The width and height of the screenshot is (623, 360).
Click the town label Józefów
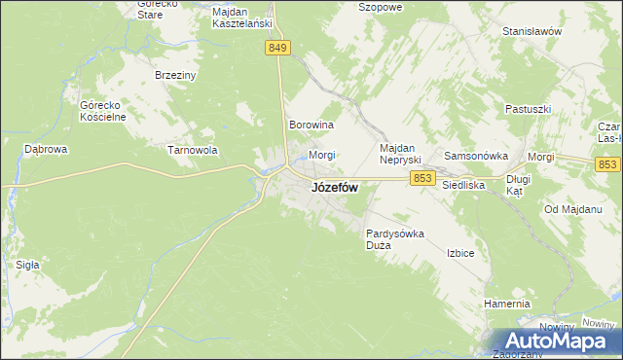(x=334, y=188)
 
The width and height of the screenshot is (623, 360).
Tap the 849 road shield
(x=277, y=47)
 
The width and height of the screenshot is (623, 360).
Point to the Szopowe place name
(x=381, y=6)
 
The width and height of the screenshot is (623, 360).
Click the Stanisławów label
(x=532, y=31)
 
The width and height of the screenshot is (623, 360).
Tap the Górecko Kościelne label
(x=96, y=110)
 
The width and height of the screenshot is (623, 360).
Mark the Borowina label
(x=311, y=126)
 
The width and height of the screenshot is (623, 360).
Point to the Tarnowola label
(x=192, y=151)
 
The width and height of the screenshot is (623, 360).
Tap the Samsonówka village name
(x=477, y=156)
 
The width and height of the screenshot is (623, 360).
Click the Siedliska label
(x=463, y=183)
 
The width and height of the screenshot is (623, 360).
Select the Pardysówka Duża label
(x=395, y=239)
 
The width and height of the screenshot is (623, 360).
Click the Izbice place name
(x=460, y=253)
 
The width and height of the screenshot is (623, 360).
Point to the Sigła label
(x=27, y=264)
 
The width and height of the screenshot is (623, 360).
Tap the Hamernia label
(x=506, y=304)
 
